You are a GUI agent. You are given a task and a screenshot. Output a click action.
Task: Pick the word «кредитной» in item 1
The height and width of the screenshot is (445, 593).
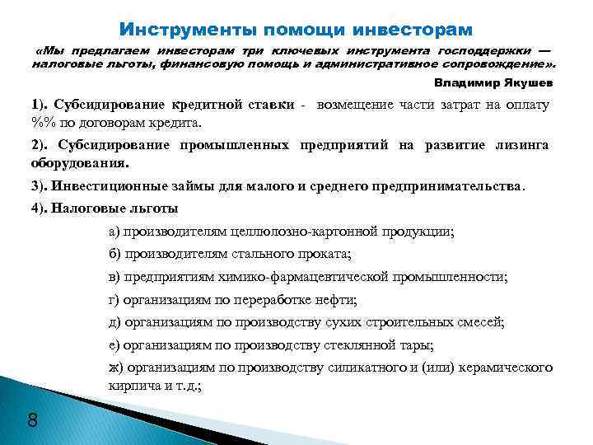[207, 105]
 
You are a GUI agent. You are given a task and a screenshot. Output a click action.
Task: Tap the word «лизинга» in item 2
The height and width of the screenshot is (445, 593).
[522, 145]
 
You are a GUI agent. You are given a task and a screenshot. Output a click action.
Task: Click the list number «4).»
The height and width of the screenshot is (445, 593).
[40, 208]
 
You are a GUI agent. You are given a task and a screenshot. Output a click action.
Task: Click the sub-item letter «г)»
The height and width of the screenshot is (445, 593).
[114, 300]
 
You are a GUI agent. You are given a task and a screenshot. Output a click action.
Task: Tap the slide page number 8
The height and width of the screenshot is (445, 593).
[33, 421]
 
